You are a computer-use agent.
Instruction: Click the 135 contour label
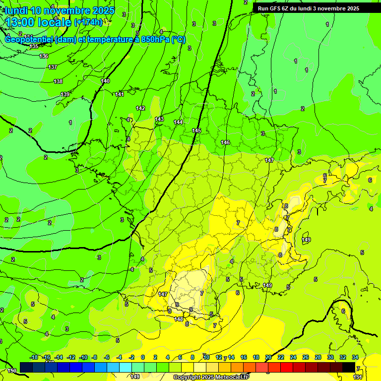click(x=34, y=46)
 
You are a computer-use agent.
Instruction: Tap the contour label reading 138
click(x=59, y=81)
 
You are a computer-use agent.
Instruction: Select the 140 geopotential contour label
click(x=105, y=81)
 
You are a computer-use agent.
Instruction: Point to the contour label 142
click(x=140, y=108)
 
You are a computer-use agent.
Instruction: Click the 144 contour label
click(x=179, y=122)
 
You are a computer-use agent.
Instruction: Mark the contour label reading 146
click(x=225, y=142)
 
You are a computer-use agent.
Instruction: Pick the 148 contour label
click(x=179, y=319)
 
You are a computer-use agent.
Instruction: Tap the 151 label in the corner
click(x=357, y=378)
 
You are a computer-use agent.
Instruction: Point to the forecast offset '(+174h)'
click(x=88, y=22)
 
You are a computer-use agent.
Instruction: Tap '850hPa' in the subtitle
click(x=155, y=39)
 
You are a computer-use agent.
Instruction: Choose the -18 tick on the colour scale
click(x=34, y=357)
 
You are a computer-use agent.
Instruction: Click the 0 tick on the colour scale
click(x=143, y=357)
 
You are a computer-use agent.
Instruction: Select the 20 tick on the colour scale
click(x=268, y=357)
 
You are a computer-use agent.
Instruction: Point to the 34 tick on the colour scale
click(x=355, y=357)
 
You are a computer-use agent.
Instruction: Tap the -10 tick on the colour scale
click(x=83, y=357)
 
